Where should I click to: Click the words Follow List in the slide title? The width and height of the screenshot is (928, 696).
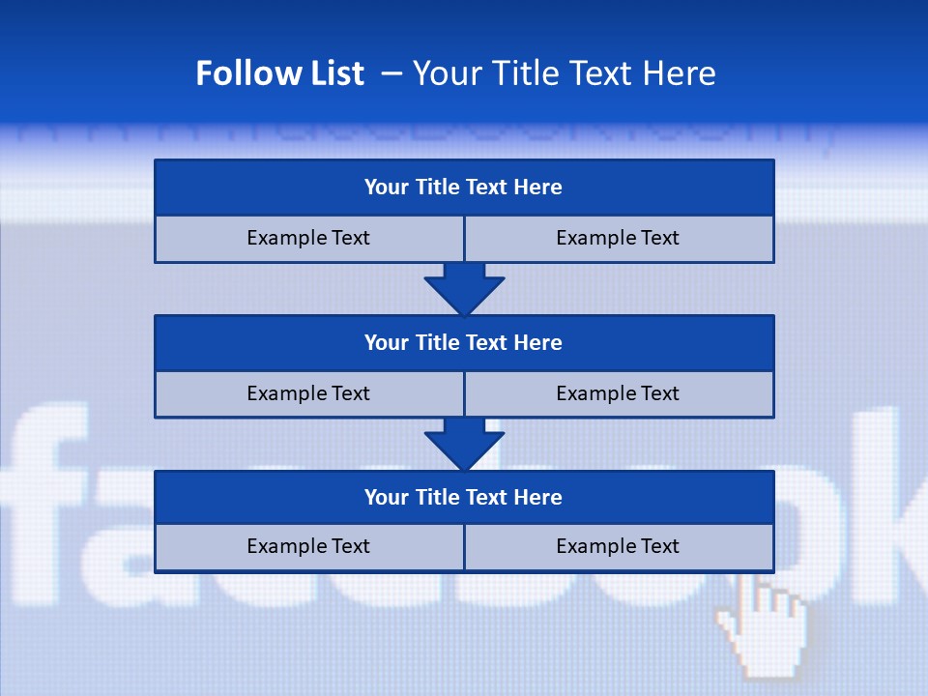click(x=279, y=73)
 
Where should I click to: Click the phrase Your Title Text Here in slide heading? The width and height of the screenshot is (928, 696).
click(x=564, y=73)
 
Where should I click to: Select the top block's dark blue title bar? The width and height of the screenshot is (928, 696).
click(x=464, y=188)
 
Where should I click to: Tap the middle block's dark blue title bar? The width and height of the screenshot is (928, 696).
click(x=464, y=342)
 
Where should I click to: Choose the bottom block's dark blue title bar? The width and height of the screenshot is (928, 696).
click(x=464, y=497)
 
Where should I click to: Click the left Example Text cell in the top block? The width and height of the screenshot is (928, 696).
click(x=308, y=238)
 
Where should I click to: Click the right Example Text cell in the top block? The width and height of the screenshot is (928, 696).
click(x=618, y=238)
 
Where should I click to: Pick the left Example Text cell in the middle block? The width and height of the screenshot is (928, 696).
click(x=308, y=393)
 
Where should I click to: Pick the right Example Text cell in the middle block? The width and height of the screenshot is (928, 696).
click(x=618, y=393)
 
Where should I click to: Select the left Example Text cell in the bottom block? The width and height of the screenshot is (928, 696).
click(x=308, y=546)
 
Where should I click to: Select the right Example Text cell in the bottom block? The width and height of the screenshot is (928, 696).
click(x=618, y=546)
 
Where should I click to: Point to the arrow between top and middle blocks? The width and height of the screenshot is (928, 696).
click(x=464, y=288)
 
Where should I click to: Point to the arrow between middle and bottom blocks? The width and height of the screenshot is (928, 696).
click(x=464, y=444)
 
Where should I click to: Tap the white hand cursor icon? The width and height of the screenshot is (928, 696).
click(x=764, y=623)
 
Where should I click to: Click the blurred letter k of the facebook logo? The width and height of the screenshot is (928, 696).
click(x=894, y=503)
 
